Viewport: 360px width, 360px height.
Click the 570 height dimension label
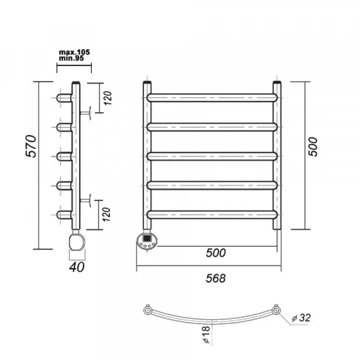31,147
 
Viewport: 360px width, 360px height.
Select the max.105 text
74,52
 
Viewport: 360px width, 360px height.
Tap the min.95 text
72,58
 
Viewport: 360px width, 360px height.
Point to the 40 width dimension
76,267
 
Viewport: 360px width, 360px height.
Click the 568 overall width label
216,278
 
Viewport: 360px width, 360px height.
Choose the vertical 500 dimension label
313,147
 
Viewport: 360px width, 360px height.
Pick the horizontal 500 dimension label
216,253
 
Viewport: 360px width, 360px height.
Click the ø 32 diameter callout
301,318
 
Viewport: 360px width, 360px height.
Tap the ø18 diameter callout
207,334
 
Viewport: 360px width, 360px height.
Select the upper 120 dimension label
108,98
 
